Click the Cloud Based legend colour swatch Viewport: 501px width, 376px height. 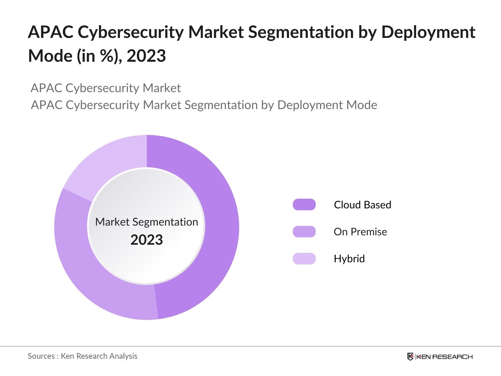point(304,205)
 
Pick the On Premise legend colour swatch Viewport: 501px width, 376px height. point(304,232)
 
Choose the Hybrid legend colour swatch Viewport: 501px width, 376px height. point(304,258)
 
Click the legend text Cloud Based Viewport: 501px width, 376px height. point(362,205)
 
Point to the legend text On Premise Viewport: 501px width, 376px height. point(360,232)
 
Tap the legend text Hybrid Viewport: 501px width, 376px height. point(349,258)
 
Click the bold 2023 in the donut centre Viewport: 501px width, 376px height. point(147,240)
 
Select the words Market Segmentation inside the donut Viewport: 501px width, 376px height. point(147,222)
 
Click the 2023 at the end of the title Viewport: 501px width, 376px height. point(146,56)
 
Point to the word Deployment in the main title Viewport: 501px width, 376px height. point(428,32)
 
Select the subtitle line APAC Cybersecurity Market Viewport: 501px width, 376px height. point(106,88)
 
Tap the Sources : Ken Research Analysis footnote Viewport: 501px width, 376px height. point(82,356)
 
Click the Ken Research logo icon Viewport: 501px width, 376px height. point(410,357)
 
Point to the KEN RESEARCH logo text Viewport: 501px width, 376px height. point(444,357)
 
